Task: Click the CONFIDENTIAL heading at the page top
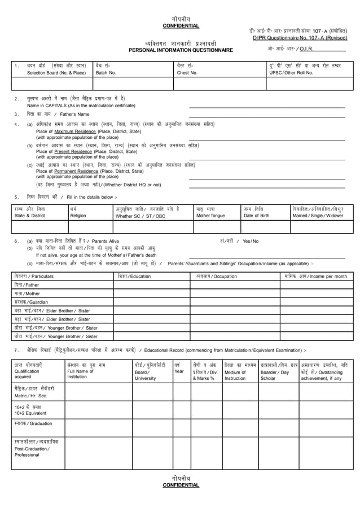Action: tap(181, 26)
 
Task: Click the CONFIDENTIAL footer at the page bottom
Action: tap(181, 485)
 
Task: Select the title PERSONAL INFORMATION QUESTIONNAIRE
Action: tap(181, 50)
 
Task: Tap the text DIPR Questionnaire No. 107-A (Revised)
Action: tap(300, 38)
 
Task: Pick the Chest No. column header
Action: tap(187, 73)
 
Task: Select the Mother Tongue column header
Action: tap(210, 216)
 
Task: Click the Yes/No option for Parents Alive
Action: tap(248, 241)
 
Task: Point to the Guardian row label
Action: tap(32, 302)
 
